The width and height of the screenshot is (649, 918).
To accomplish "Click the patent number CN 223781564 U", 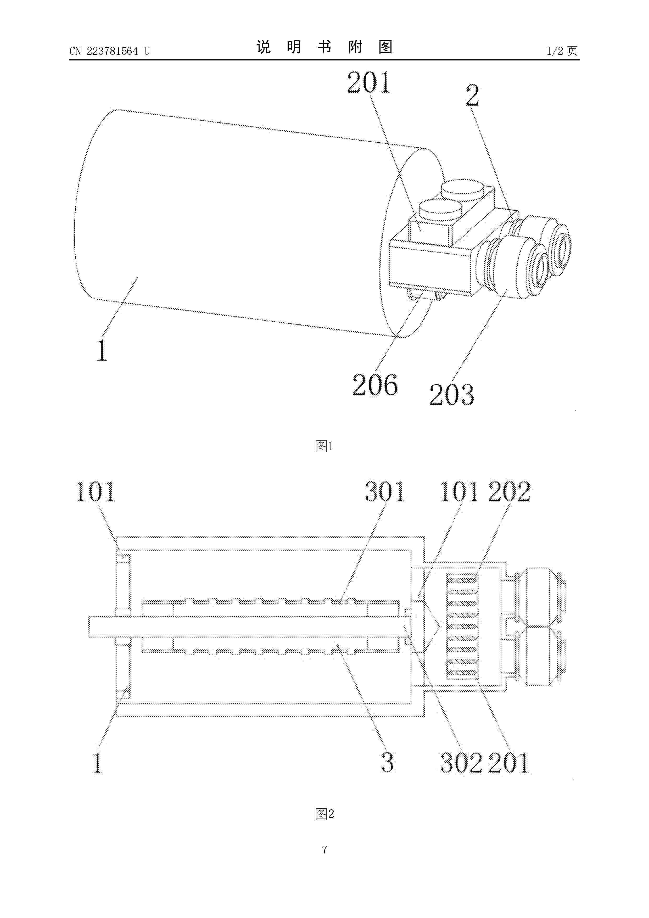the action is (x=110, y=51).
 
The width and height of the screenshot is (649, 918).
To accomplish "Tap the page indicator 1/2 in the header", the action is (x=555, y=51).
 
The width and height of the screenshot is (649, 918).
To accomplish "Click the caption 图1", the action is (x=324, y=446).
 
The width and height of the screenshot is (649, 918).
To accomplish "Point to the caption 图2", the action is (x=324, y=813).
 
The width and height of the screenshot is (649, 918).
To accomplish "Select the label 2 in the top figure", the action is (x=472, y=95).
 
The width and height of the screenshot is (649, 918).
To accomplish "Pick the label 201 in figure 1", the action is (x=369, y=82).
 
